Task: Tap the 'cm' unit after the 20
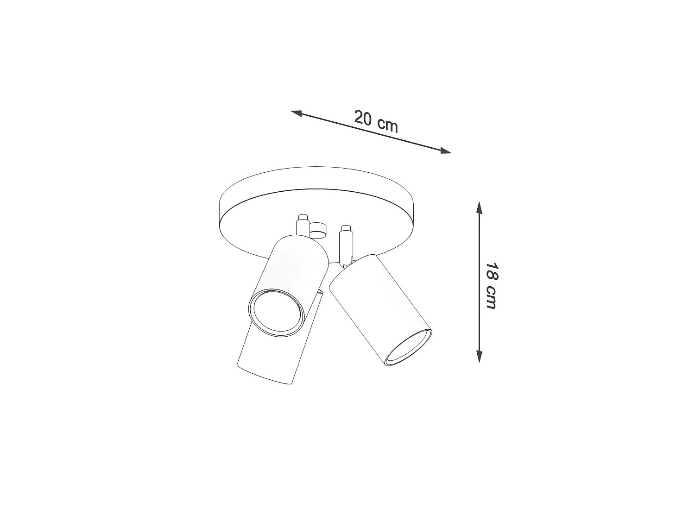click(388, 125)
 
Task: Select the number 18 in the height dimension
click(492, 271)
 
